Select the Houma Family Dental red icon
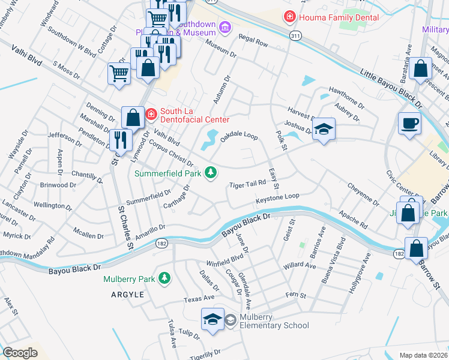(290, 17)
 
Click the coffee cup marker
(410, 124)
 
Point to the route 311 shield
(295, 37)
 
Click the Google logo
(20, 353)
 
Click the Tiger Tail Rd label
(247, 184)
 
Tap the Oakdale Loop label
(239, 137)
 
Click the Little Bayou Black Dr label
(391, 88)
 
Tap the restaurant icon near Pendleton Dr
(121, 140)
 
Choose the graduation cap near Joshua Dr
(324, 129)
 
